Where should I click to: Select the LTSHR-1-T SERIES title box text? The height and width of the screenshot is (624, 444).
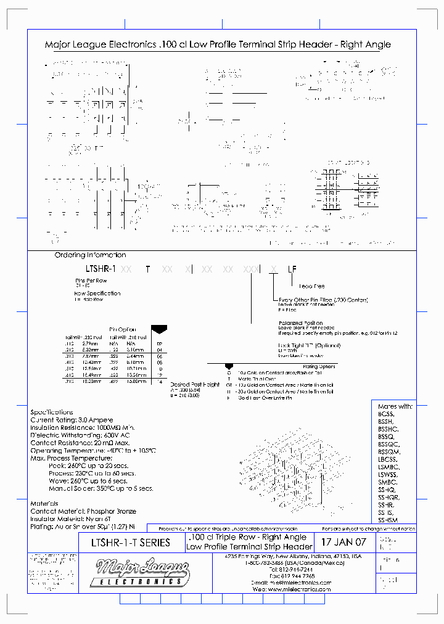(130, 543)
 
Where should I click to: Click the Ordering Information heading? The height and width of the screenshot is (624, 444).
(90, 255)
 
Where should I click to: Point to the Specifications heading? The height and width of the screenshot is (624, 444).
(52, 412)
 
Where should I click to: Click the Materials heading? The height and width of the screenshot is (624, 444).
(44, 504)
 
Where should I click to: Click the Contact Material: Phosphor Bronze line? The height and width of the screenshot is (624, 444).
(83, 511)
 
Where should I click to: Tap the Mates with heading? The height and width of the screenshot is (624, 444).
(394, 406)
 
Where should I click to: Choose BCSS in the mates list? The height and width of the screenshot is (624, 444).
(385, 414)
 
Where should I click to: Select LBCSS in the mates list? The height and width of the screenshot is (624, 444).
(387, 459)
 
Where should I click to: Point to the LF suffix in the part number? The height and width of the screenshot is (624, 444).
(292, 269)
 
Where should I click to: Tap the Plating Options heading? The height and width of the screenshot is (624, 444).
(319, 366)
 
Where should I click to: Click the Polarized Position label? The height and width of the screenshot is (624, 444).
(300, 322)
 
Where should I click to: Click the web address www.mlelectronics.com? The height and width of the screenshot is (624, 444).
(300, 589)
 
